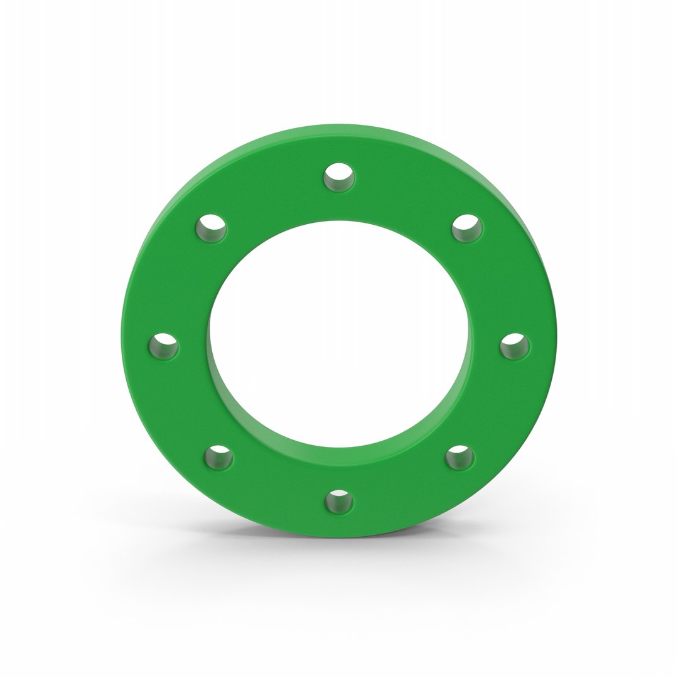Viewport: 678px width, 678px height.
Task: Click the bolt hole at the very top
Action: tap(339, 178)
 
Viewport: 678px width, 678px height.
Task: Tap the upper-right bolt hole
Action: tap(467, 227)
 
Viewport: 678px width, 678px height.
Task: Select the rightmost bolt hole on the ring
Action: tap(514, 347)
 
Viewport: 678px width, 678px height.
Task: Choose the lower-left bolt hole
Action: tap(218, 458)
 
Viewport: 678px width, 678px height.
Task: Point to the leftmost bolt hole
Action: tap(164, 347)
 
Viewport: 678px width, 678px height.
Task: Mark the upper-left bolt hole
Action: tap(212, 229)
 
